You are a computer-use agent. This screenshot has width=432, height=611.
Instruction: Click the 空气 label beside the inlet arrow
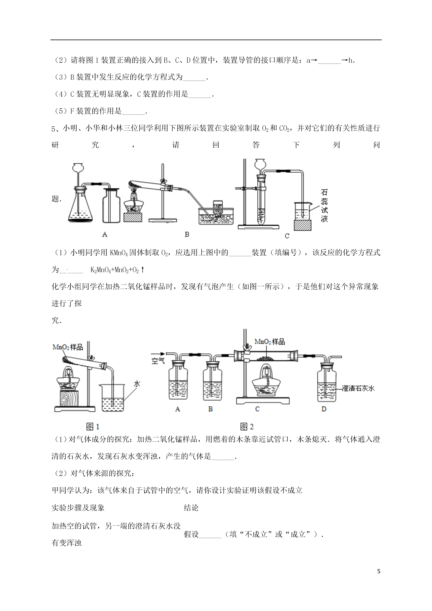coord(158,361)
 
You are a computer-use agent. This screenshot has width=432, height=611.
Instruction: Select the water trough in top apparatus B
coord(216,216)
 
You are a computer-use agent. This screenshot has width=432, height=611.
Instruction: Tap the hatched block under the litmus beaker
coord(303,225)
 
